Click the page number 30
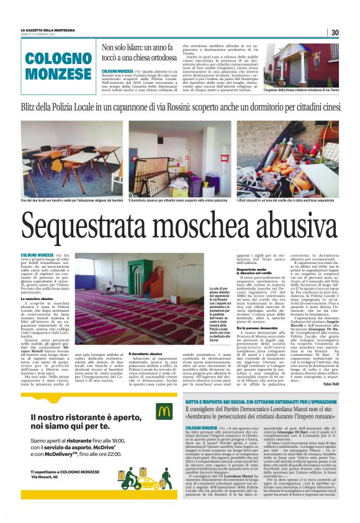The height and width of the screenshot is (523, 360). tap(334, 32)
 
